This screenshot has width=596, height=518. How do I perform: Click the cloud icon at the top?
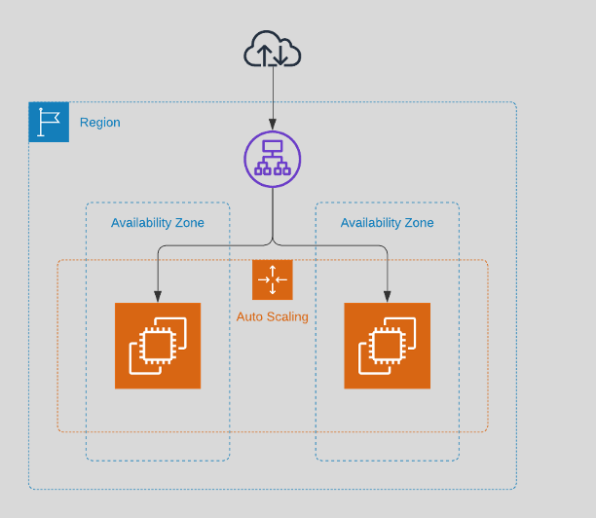click(273, 50)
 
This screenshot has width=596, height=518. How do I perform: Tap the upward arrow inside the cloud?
click(264, 55)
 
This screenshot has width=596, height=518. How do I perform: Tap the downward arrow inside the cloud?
click(280, 55)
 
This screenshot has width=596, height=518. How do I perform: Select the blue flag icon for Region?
click(49, 122)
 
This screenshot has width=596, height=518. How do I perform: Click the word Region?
click(100, 123)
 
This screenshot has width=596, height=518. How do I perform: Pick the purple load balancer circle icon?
click(273, 159)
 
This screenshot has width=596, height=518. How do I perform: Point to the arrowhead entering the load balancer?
click(273, 127)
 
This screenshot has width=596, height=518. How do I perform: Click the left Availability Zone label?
click(158, 223)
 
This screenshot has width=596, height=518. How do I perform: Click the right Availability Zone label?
click(387, 223)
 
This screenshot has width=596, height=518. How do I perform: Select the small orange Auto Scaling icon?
click(273, 279)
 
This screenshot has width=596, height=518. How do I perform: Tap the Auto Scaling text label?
click(273, 316)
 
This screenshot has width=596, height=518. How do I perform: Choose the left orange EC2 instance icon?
click(158, 346)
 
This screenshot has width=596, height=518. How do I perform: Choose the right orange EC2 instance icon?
click(387, 346)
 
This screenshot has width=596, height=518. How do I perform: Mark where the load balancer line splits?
click(273, 243)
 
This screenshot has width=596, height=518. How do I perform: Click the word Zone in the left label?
click(188, 223)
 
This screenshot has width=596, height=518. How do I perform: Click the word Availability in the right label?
click(370, 223)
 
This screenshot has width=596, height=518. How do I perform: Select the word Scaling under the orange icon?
click(287, 316)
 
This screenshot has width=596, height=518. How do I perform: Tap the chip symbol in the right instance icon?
click(389, 346)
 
